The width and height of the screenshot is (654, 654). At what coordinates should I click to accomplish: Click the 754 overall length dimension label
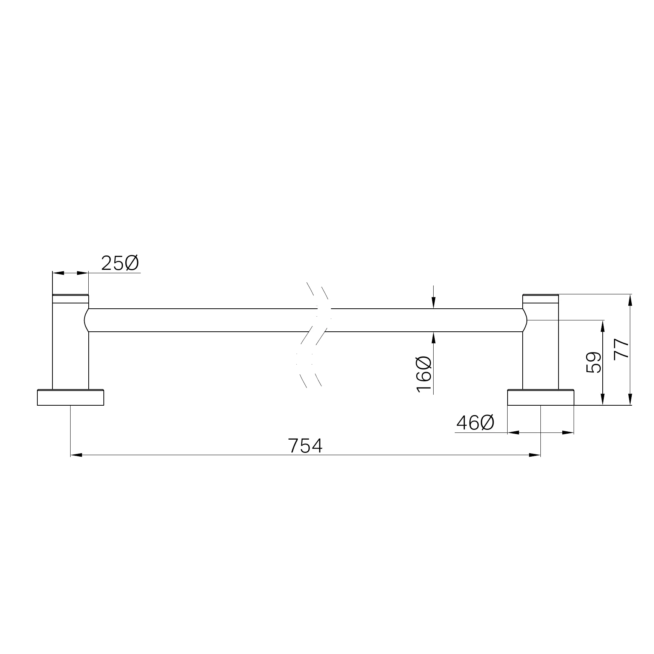pos(305,446)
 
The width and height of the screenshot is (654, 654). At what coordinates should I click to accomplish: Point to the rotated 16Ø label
pos(424,374)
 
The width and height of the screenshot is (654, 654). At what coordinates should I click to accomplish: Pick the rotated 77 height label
pos(622,349)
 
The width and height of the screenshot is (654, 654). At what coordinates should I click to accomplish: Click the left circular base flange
pos(70,398)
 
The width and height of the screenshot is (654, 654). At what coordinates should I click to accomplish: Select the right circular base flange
pos(540,398)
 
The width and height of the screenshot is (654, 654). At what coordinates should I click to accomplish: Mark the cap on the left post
pos(70,299)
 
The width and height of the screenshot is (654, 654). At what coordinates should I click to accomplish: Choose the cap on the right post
pos(540,299)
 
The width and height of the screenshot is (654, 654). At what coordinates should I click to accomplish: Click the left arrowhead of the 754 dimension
pos(76,455)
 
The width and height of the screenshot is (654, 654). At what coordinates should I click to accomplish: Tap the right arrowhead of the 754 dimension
pos(535,455)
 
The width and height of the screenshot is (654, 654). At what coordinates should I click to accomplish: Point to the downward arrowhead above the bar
pos(434,303)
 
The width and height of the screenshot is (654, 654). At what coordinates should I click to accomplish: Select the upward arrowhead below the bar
pos(434,337)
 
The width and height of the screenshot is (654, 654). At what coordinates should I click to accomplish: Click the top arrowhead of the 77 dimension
pos(630,300)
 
